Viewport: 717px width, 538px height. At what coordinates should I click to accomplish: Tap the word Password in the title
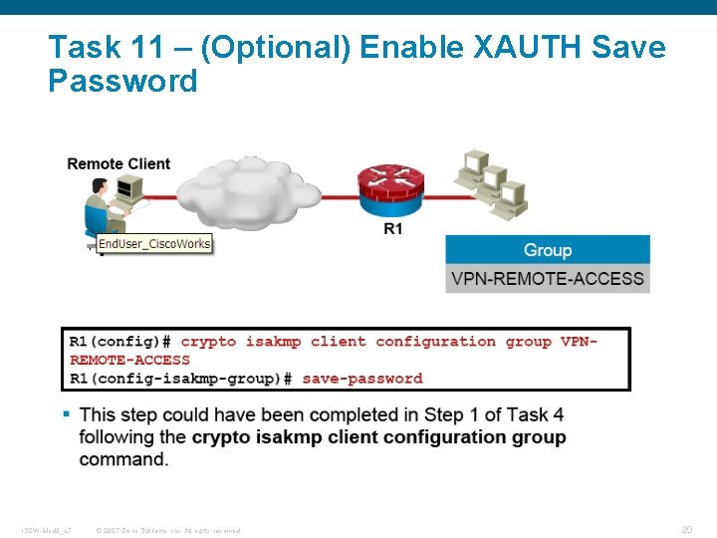(x=122, y=81)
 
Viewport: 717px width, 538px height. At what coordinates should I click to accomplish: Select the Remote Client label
(x=119, y=163)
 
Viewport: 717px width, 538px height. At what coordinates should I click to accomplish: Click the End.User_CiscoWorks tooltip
(x=154, y=243)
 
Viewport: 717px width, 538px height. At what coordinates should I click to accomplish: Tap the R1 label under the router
(x=393, y=229)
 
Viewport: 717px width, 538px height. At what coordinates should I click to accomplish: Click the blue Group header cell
(x=548, y=250)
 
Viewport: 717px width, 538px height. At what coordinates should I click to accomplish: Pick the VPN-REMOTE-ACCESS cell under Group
(x=548, y=278)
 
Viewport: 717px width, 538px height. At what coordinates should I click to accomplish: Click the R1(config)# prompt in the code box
(x=119, y=342)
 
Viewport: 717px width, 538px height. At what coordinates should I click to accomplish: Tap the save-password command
(x=362, y=379)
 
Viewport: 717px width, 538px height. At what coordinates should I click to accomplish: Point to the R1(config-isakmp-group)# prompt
(x=180, y=379)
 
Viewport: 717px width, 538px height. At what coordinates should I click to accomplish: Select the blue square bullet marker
(x=67, y=412)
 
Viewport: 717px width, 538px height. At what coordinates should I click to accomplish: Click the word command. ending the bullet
(x=123, y=459)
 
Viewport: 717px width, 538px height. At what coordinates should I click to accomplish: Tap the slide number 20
(x=686, y=530)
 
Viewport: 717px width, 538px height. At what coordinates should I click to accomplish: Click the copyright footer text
(x=167, y=530)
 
